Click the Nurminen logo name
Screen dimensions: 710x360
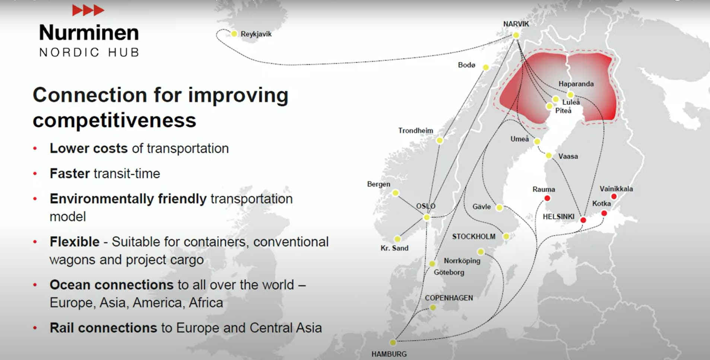89,32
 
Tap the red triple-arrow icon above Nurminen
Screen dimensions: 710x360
88,10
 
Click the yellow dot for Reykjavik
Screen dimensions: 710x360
234,34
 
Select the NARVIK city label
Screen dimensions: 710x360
516,24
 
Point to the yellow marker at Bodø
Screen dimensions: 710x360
486,67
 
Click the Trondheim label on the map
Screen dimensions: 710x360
416,131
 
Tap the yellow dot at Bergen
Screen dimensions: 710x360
396,193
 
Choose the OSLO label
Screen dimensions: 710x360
426,206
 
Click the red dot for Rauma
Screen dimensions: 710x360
547,198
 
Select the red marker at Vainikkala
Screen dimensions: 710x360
614,197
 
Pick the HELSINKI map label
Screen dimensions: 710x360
558,217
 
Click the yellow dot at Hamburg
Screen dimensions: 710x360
393,342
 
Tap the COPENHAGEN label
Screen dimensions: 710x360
449,298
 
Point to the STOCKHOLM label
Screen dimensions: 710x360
474,236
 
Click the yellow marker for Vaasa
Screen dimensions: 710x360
549,156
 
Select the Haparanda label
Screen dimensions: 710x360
576,84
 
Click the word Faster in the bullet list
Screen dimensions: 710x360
70,173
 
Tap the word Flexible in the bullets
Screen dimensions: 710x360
75,242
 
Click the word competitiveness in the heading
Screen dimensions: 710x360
114,120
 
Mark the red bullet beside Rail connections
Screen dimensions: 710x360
35,328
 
